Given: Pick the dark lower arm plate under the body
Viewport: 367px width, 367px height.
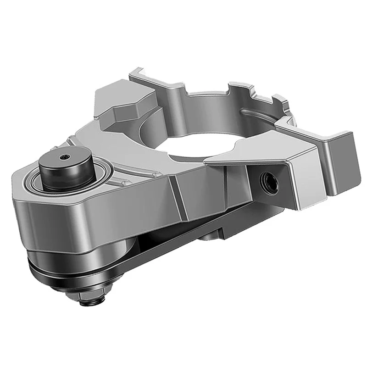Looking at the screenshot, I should point(183,239).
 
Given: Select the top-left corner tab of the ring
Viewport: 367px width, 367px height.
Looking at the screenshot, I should point(138,73).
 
